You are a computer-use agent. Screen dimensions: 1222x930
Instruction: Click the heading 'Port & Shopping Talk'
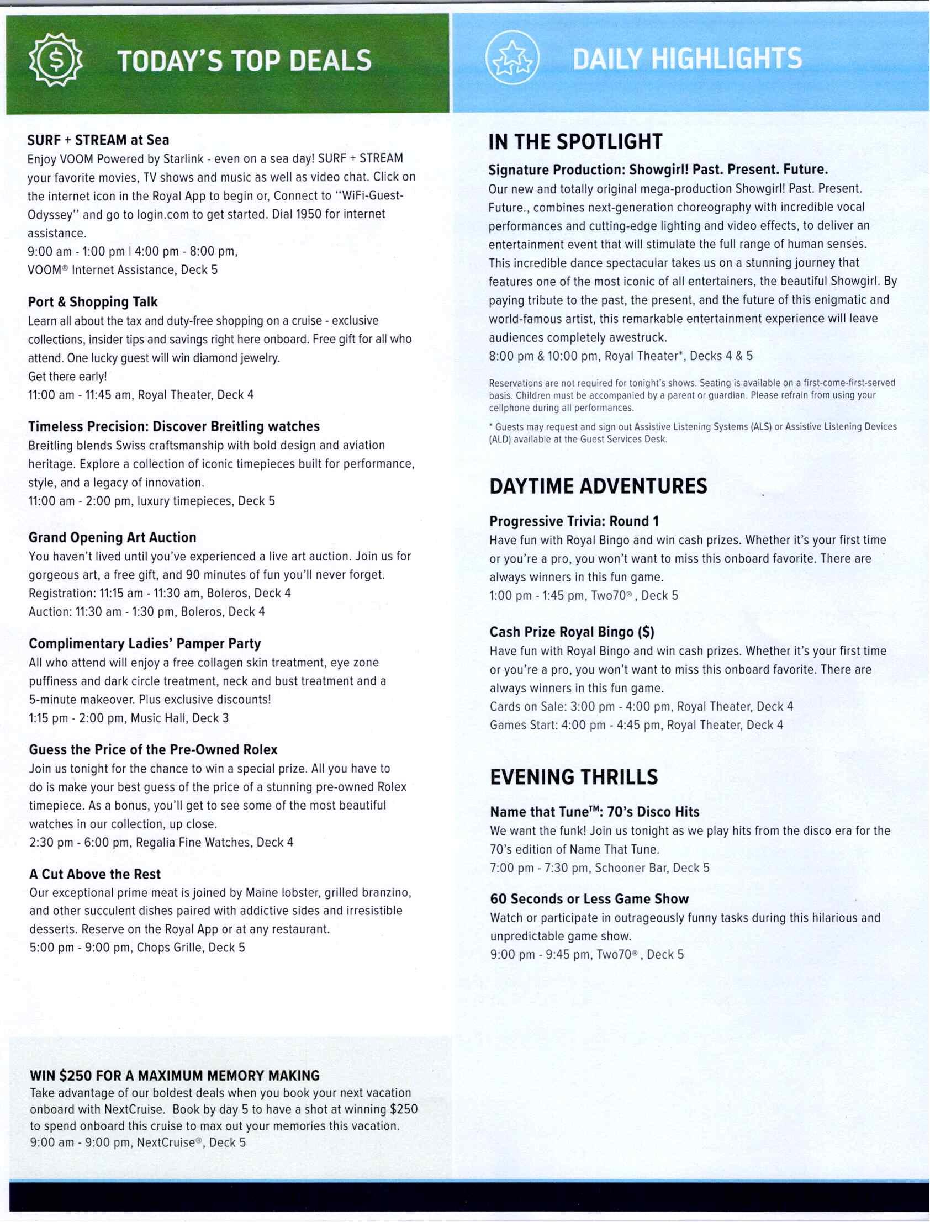[92, 302]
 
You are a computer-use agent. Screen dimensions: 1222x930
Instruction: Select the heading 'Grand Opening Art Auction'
[112, 537]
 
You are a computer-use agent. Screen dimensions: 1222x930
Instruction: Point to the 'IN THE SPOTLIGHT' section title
[574, 142]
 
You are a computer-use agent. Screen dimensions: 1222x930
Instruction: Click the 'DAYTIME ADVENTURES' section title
[598, 486]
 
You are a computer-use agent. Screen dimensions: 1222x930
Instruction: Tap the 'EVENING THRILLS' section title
[573, 776]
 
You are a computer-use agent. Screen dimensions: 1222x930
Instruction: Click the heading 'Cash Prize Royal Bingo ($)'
[572, 632]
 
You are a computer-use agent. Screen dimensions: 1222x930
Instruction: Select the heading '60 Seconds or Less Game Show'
[589, 899]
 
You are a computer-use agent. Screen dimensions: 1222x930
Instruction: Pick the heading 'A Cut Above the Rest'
[94, 874]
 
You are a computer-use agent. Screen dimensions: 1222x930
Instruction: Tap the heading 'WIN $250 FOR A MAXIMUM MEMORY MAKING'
[175, 1075]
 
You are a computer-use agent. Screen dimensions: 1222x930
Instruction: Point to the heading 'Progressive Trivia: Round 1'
[573, 521]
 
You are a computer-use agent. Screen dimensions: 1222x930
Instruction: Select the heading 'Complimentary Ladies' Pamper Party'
[145, 644]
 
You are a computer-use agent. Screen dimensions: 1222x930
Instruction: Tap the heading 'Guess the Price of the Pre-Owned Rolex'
[153, 749]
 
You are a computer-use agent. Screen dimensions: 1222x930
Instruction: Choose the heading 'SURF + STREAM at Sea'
[98, 140]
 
